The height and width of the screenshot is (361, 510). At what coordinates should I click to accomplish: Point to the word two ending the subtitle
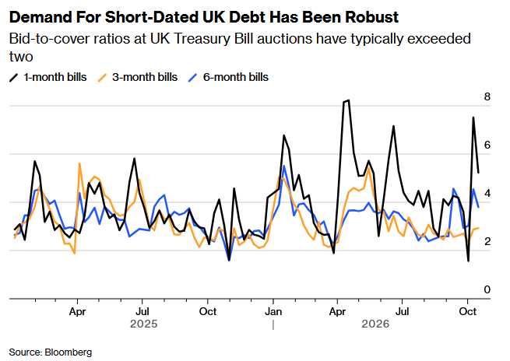[x=21, y=57]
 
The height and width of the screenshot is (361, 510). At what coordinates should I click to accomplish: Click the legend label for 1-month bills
[x=55, y=77]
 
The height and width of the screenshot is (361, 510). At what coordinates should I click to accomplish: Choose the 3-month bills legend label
[x=145, y=77]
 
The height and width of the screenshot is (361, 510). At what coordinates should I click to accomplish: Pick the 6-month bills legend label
[x=236, y=77]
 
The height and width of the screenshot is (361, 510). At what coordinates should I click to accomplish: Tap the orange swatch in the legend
[x=103, y=78]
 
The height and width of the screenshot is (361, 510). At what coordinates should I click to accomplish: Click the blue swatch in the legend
[x=193, y=78]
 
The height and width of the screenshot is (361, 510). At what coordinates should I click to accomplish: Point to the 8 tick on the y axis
[x=487, y=96]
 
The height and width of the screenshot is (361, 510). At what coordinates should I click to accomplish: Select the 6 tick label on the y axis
[x=487, y=145]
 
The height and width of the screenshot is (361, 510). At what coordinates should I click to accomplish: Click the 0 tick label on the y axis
[x=487, y=289]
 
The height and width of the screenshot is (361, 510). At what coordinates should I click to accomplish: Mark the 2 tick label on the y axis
[x=487, y=241]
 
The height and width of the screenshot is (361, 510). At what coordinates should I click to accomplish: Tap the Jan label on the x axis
[x=273, y=312]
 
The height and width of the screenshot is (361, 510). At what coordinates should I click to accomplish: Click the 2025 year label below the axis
[x=144, y=324]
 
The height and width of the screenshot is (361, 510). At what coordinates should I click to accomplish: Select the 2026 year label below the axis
[x=375, y=324]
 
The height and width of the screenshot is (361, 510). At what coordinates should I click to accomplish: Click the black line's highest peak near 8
[x=348, y=100]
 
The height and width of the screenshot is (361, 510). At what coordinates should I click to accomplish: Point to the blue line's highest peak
[x=284, y=166]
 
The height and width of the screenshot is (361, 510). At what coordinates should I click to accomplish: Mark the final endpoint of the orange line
[x=478, y=228]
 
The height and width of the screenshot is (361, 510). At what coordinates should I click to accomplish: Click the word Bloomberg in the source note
[x=69, y=352]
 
